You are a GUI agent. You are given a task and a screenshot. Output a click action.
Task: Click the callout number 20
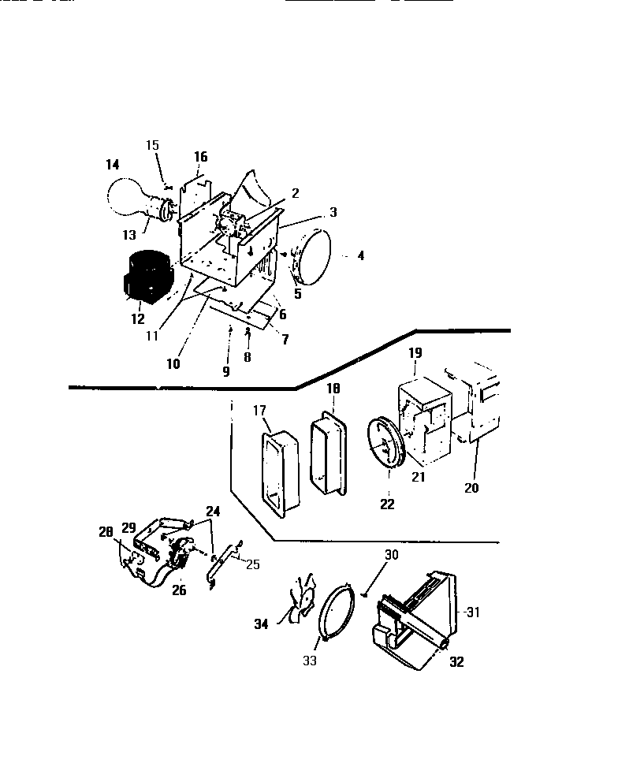(x=471, y=488)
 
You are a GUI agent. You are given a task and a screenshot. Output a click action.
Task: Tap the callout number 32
(x=456, y=662)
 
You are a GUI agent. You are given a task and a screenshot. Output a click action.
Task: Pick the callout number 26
(x=179, y=590)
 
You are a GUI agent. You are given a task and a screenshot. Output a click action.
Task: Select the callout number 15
(x=153, y=144)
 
